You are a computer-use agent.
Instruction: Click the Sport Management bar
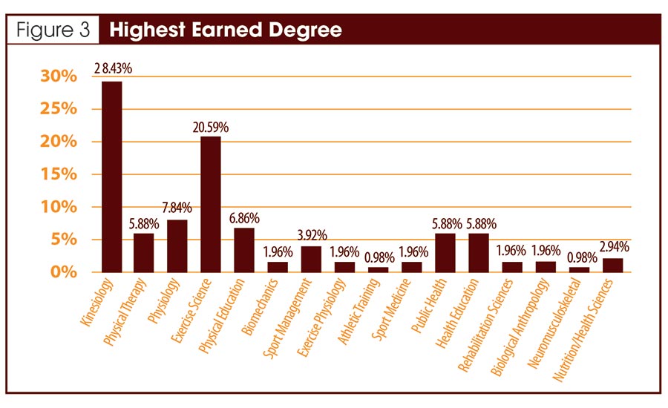311,259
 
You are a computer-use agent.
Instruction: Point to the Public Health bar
445,252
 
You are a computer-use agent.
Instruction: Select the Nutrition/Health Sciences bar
612,264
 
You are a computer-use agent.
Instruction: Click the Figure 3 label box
50,31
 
